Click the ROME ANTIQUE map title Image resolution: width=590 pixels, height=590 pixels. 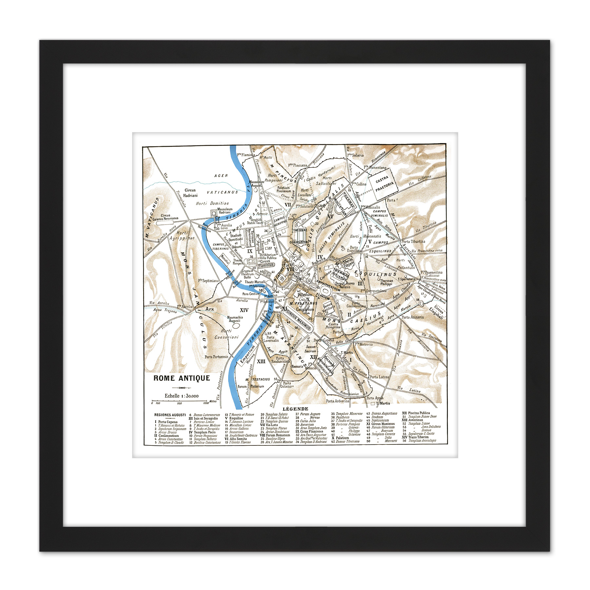coord(182,378)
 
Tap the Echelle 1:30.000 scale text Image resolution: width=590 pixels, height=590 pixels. coord(181,396)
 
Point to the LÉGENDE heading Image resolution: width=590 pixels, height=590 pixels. coord(295,409)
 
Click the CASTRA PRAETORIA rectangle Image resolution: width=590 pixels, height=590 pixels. coord(383,185)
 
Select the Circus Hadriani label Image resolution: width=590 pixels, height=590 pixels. coord(190,193)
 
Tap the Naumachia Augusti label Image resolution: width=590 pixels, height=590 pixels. coord(235,319)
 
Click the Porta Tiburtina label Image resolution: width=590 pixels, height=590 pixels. coord(413,242)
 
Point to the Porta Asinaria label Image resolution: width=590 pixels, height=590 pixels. coord(412,317)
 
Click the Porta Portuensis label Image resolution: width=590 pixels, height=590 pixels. coord(216,357)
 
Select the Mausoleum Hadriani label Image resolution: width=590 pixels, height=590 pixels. coord(225,210)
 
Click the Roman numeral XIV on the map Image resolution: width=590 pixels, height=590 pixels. coord(244,310)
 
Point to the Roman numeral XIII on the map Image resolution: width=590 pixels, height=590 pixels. coord(261,361)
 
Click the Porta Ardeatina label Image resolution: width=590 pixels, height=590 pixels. coord(337,401)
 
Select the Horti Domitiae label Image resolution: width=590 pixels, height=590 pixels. coord(212,203)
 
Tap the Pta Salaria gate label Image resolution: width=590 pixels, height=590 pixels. coord(355,155)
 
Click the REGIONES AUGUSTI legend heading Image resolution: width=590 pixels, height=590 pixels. coord(170,415)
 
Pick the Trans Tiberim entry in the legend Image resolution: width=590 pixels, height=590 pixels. coord(415,437)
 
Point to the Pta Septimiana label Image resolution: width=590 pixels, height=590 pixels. coord(208,281)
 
